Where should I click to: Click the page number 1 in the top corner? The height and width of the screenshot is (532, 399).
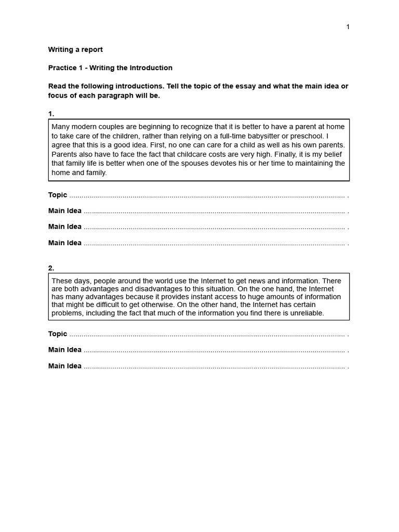(x=348, y=27)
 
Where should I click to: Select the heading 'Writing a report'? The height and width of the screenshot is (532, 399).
(x=75, y=50)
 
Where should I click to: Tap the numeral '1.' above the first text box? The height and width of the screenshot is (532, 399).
(x=51, y=114)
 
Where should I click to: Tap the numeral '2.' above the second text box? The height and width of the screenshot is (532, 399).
(x=51, y=268)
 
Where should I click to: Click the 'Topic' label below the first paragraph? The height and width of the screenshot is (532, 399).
(x=58, y=195)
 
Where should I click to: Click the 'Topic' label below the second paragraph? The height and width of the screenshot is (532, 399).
(x=58, y=334)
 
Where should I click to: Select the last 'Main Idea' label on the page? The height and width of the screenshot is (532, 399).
(x=65, y=366)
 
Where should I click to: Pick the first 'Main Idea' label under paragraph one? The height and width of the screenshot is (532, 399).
(x=65, y=211)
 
